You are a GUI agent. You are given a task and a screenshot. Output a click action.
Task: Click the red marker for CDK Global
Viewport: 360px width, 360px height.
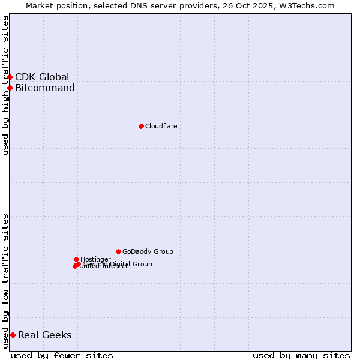coord(10,77)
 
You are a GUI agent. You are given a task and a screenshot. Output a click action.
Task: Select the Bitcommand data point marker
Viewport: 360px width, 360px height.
coord(10,88)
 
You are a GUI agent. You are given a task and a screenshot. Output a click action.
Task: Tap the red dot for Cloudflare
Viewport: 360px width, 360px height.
coord(141,126)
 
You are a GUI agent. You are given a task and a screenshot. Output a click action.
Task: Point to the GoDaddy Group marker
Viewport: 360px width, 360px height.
coord(118,251)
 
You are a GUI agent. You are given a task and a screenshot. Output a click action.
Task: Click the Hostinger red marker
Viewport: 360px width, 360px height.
coord(76,259)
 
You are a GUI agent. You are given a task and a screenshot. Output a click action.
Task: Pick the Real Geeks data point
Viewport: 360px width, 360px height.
coord(13,335)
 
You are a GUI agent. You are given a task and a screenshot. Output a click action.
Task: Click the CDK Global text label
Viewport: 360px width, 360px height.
coord(42,77)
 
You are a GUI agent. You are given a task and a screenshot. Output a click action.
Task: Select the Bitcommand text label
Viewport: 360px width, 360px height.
coord(45,88)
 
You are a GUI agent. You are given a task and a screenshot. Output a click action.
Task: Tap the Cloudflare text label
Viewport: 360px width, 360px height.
coord(161,126)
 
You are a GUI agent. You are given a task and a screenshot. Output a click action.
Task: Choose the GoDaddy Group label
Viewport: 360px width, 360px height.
coord(148,251)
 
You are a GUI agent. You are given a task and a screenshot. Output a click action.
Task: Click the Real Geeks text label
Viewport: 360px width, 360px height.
coord(45,335)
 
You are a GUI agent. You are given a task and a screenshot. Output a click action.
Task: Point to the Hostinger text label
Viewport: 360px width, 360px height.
coord(95,259)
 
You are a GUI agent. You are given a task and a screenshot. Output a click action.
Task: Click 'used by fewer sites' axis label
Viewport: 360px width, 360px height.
coord(62,355)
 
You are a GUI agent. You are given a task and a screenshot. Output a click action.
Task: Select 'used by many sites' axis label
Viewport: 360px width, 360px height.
coord(301,355)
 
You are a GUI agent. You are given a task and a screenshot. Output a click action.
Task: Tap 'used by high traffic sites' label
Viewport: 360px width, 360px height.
coord(5,85)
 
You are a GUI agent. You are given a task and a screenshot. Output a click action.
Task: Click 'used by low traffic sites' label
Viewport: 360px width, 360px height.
coord(5,280)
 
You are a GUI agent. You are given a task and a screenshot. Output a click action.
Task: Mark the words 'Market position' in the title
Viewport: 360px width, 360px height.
coord(56,5)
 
